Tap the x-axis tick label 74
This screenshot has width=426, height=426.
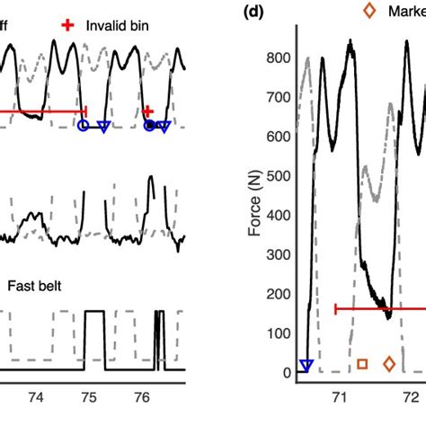[x=36, y=395]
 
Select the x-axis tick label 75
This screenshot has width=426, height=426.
[x=89, y=395]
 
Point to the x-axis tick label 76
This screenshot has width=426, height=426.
[x=141, y=395]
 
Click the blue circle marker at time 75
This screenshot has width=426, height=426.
[x=84, y=127]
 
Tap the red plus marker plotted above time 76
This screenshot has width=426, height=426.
[x=147, y=111]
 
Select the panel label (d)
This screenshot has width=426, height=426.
[x=256, y=12]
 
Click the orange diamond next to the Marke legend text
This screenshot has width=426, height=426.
[x=369, y=11]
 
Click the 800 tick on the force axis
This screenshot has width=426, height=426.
[x=277, y=58]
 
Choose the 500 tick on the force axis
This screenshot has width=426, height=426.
[x=277, y=176]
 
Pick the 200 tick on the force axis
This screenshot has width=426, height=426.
[x=277, y=294]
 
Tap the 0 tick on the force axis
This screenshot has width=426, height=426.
[x=285, y=372]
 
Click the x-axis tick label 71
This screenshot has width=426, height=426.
[x=340, y=395]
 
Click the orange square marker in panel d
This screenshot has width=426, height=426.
[x=361, y=364]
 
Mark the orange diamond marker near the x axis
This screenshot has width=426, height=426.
[x=389, y=364]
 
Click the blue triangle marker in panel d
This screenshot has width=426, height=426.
[x=306, y=364]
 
